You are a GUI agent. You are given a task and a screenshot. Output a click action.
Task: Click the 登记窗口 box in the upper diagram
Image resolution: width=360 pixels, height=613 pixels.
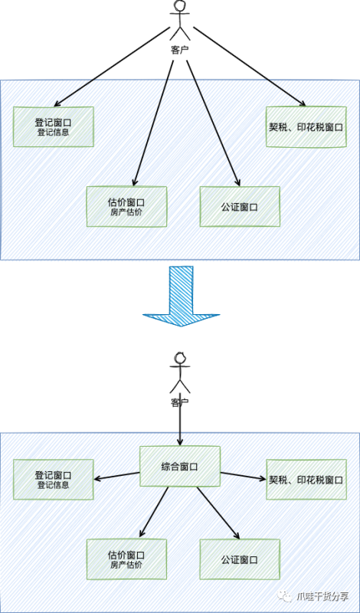(53, 126)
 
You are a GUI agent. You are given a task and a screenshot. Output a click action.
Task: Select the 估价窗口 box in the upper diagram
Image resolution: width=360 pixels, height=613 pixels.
(126, 206)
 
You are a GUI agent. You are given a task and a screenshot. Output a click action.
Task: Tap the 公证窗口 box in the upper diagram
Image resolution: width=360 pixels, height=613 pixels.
(240, 206)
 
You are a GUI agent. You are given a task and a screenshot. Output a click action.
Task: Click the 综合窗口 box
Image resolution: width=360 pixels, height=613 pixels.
(180, 466)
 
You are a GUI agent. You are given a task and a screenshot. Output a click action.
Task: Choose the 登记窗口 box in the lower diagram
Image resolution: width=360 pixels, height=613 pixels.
(53, 480)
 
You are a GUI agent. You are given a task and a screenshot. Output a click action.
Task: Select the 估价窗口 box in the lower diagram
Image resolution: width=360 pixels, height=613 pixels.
(126, 559)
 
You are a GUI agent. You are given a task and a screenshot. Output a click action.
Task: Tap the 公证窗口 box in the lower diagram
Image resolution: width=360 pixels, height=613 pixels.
(240, 559)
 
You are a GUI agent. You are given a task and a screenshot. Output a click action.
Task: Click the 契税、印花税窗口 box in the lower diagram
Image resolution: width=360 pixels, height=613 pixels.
(305, 480)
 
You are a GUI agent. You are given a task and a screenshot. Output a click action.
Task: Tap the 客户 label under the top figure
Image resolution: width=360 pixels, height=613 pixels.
(180, 50)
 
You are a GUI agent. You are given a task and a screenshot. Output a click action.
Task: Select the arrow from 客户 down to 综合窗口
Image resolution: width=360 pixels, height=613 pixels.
(180, 425)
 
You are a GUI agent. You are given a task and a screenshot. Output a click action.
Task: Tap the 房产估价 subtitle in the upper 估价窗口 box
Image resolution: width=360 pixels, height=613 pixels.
(126, 211)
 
